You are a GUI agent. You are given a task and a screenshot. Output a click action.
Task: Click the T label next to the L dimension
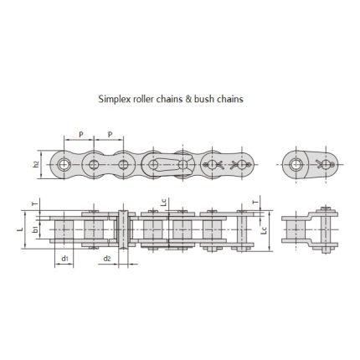pos(33,202)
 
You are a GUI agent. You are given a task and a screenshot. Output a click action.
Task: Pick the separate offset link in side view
pos(304,229)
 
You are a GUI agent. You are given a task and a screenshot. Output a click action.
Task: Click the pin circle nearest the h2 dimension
pos(64,163)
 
